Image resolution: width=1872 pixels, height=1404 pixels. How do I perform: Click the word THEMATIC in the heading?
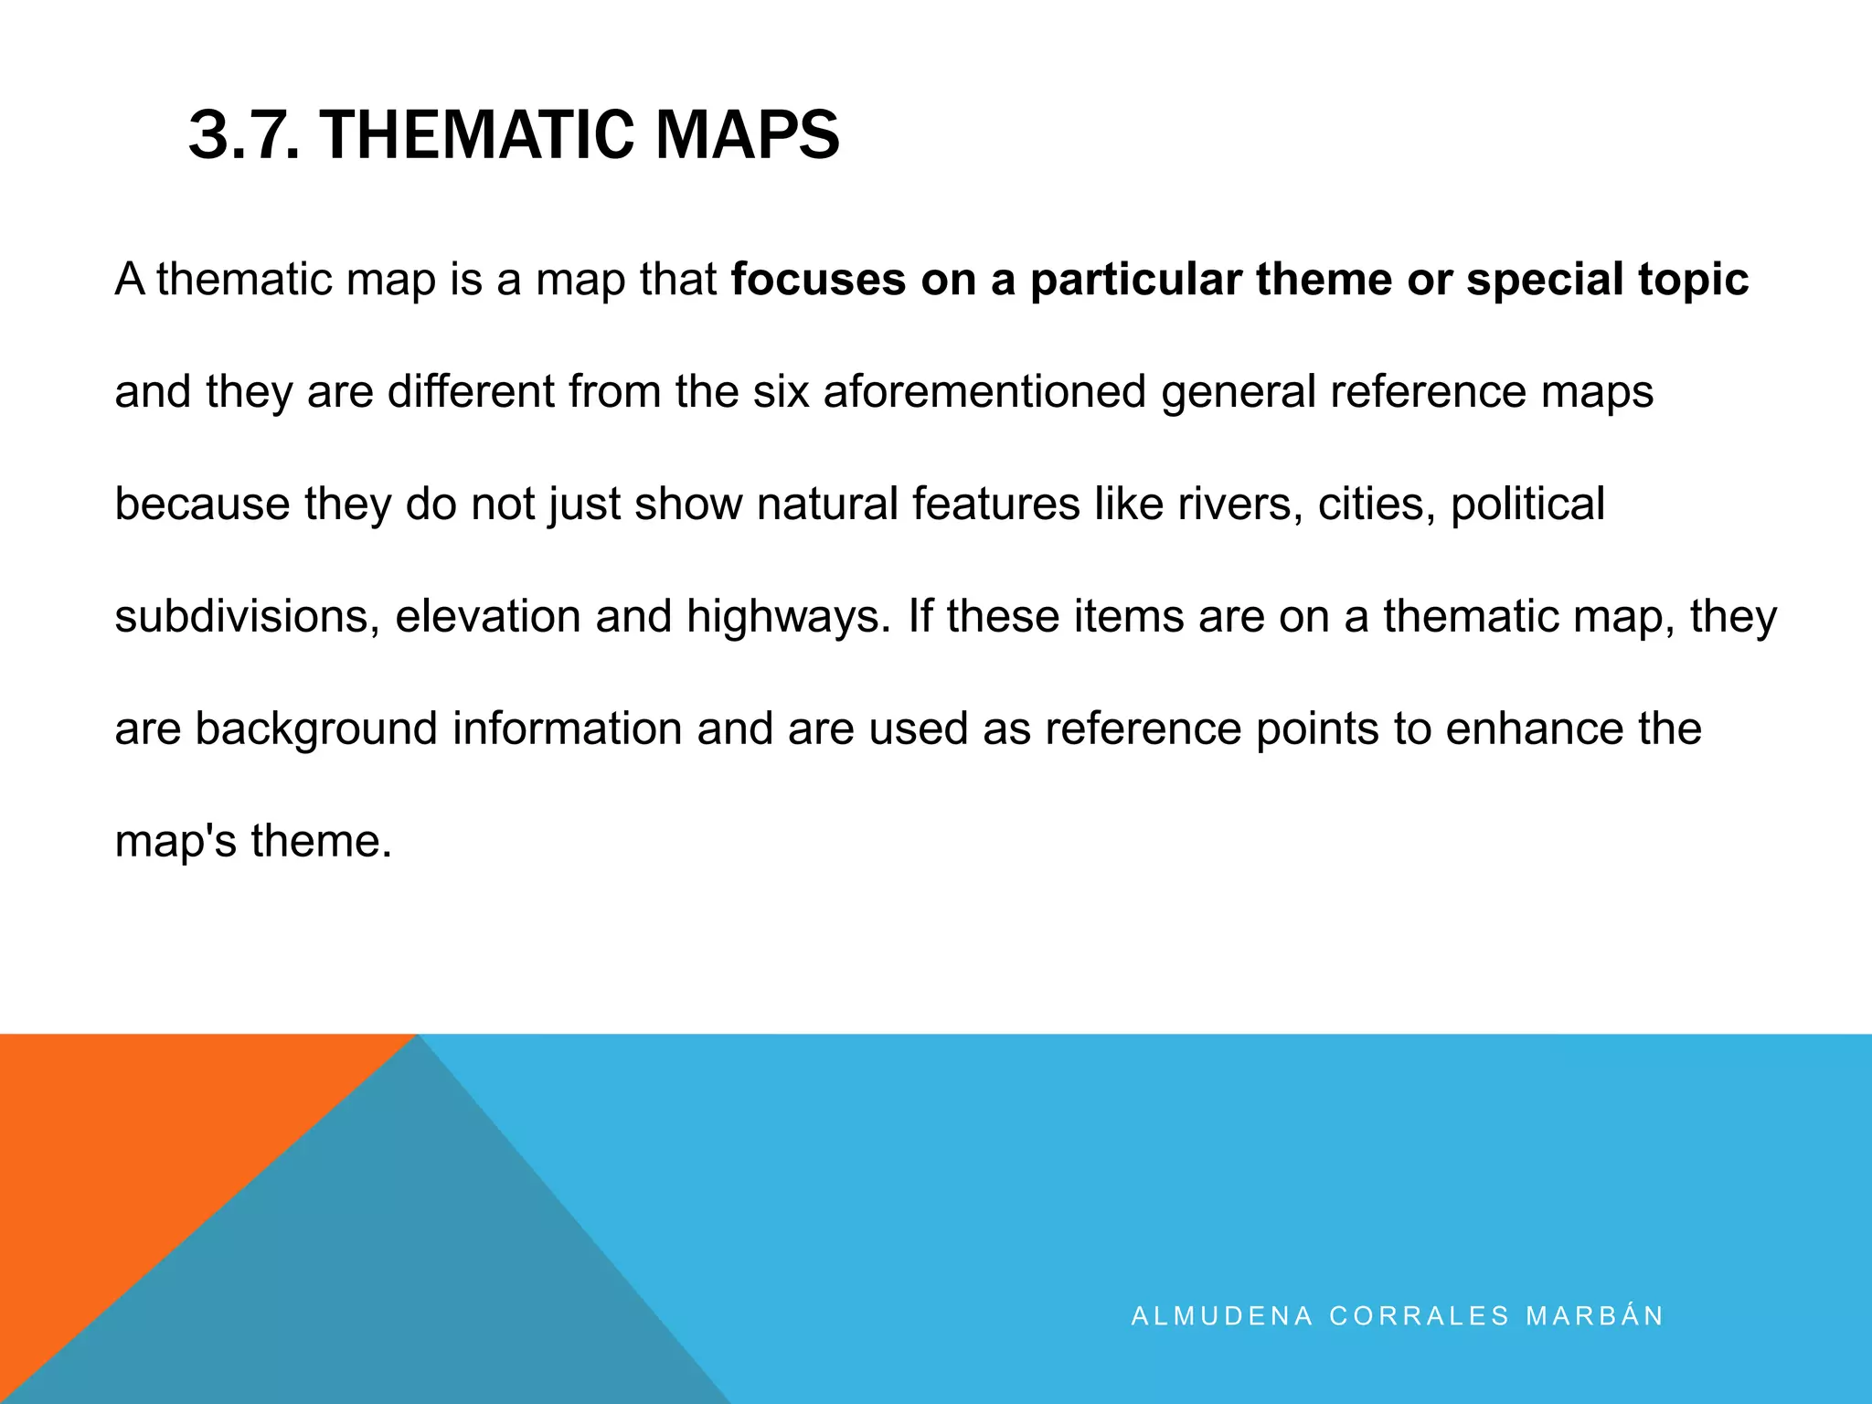coord(476,135)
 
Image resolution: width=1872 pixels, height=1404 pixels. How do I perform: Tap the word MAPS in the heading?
coord(747,135)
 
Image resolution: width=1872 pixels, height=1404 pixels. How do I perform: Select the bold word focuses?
coord(818,280)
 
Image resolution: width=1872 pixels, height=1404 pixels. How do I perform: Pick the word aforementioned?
coord(984,392)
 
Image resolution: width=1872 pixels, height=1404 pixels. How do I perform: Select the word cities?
coord(1377,505)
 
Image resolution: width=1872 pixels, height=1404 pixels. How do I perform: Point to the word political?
coord(1527,505)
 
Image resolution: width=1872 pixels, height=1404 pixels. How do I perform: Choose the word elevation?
coord(487,617)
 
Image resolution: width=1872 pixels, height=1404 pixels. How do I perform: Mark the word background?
coord(316,729)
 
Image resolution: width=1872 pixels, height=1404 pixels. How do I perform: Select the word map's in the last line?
coord(175,842)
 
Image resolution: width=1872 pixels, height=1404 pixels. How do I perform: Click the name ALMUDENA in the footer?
coord(1222,1316)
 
